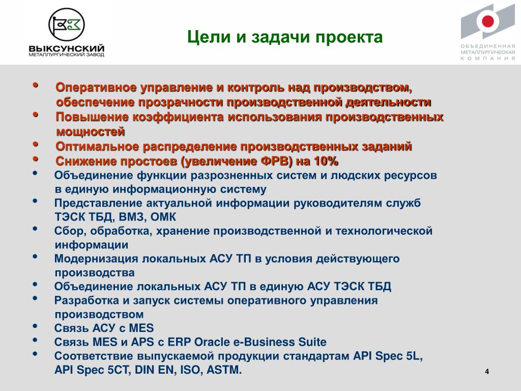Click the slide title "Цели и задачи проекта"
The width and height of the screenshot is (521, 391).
285,37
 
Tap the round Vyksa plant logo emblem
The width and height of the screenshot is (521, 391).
67,25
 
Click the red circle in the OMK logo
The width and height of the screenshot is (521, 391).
487,21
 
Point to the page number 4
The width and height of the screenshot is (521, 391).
487,371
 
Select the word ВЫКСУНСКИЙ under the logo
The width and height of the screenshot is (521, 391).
67,48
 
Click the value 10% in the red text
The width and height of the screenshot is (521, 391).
326,161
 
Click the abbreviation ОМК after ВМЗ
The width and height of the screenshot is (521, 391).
163,217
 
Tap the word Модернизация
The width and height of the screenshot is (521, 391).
96,259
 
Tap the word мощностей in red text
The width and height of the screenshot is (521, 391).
91,132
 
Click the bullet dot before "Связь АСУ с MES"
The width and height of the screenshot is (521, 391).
35,326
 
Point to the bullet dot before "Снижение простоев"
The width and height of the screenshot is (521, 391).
35,159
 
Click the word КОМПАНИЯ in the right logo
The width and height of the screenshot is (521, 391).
487,58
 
